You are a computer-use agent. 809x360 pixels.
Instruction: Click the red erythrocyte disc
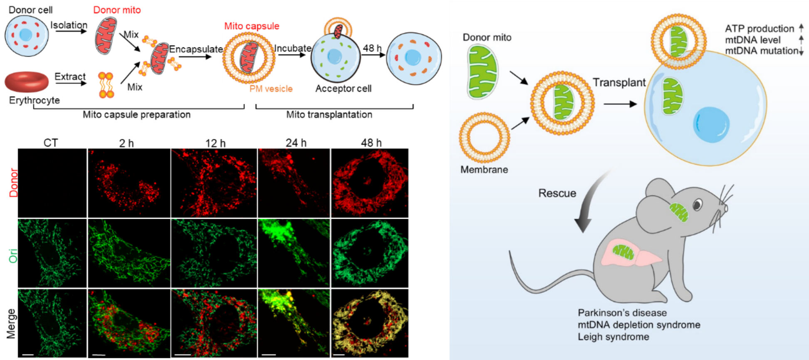tap(27, 81)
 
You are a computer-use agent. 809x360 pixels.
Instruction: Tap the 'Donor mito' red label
tap(117, 10)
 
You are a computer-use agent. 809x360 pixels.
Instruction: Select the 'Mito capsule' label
tap(252, 26)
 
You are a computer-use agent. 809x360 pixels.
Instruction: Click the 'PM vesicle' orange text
tap(271, 89)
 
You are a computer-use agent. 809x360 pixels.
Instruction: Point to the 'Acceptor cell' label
tap(343, 89)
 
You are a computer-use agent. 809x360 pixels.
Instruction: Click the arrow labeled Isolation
tap(71, 31)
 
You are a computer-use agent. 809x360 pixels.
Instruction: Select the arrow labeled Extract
tap(71, 83)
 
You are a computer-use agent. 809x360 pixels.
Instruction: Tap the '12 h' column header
tap(215, 143)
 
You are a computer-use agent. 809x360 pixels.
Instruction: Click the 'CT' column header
tap(50, 143)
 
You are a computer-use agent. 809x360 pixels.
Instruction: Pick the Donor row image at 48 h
tap(369, 183)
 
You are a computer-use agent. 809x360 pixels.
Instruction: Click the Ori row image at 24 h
tap(294, 253)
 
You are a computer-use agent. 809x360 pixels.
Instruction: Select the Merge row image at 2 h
tap(129, 323)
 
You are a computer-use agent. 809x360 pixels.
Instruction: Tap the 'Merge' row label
tap(12, 323)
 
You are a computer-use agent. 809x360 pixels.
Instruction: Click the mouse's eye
tap(697, 204)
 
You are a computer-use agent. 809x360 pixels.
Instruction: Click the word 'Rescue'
tap(557, 193)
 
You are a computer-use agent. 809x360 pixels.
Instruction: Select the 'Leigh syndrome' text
tap(613, 337)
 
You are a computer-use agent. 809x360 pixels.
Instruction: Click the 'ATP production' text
tap(759, 29)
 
